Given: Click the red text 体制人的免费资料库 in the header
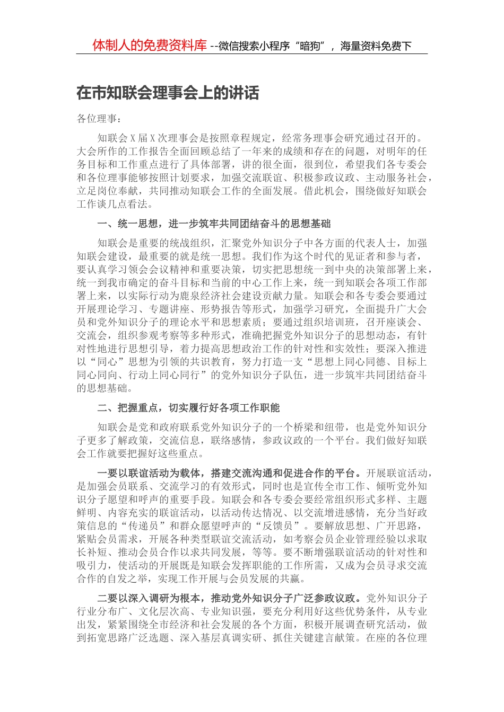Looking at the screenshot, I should point(149,45).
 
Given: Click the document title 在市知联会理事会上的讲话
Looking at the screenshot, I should point(168,93).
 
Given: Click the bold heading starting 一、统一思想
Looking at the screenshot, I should point(214,224).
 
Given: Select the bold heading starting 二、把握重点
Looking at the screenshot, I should point(188,408).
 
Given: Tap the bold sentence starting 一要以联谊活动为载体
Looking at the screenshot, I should point(229,473).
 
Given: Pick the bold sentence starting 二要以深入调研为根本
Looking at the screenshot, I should point(229,598).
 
